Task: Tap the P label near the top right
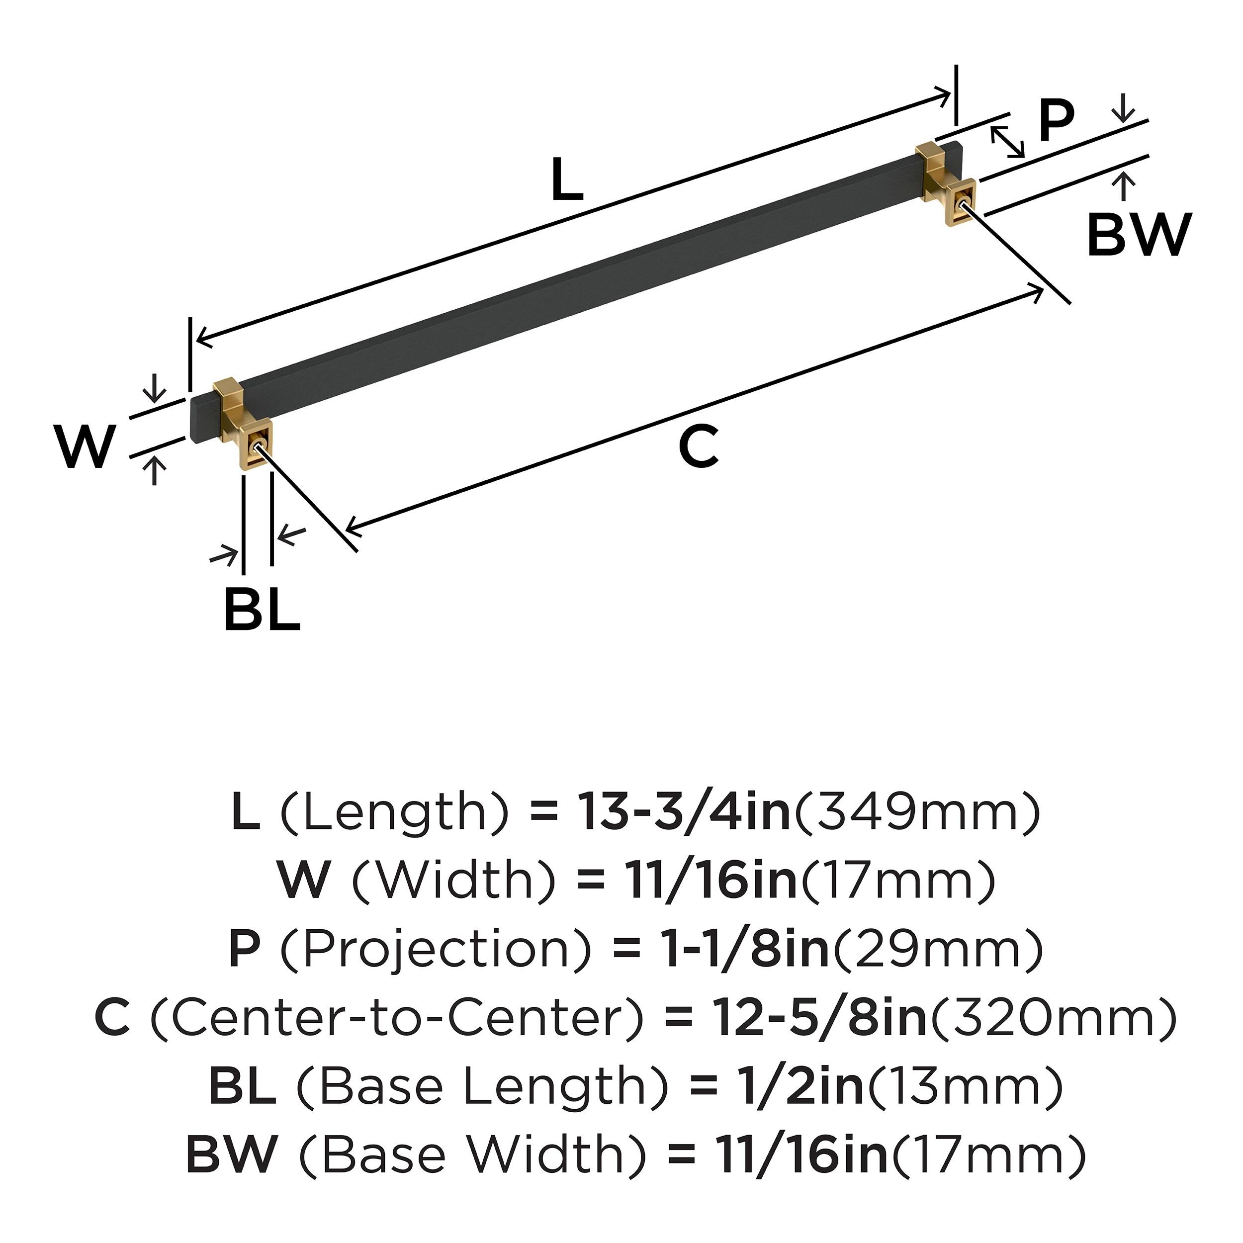click(1057, 122)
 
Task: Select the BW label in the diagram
click(1139, 236)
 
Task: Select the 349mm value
click(916, 812)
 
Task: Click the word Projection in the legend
click(436, 950)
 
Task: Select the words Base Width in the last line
click(473, 1155)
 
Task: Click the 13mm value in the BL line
click(965, 1087)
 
